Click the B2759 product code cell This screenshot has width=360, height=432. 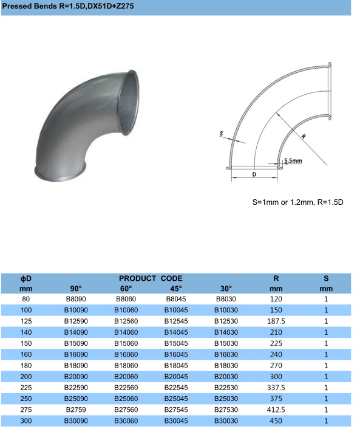coord(76,410)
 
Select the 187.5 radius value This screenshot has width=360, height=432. coord(276,321)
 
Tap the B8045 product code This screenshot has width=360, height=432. coord(176,299)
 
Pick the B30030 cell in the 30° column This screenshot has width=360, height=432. coord(226,420)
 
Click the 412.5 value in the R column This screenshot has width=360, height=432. coord(276,410)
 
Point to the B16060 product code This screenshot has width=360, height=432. coord(126,354)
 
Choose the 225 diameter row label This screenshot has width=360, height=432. coord(26,388)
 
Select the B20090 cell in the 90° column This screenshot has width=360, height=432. coord(76,377)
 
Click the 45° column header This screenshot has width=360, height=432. coord(176,289)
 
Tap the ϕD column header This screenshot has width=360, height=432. coord(26,278)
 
